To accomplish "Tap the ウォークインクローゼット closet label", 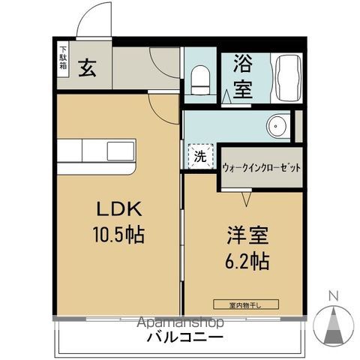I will (x=261, y=169).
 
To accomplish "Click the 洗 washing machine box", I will (x=199, y=157).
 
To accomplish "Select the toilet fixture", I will (x=200, y=78).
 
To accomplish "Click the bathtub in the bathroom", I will (x=286, y=78).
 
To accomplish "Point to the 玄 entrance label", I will (x=87, y=70).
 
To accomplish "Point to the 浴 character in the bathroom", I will (x=241, y=64).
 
